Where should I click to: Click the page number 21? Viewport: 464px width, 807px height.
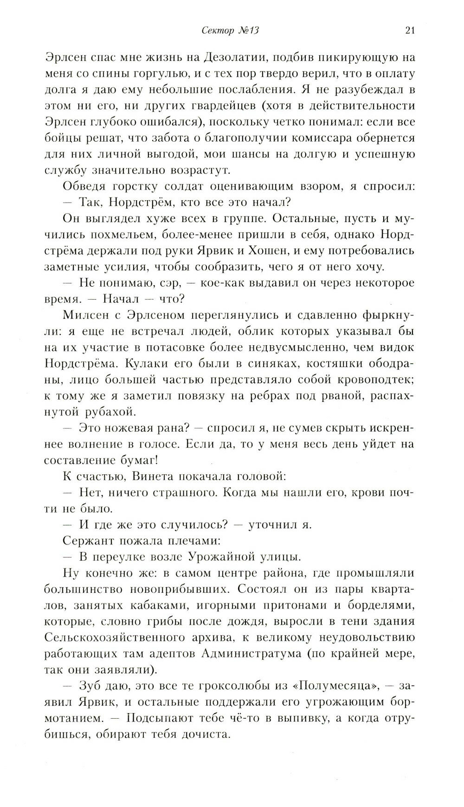409,31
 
